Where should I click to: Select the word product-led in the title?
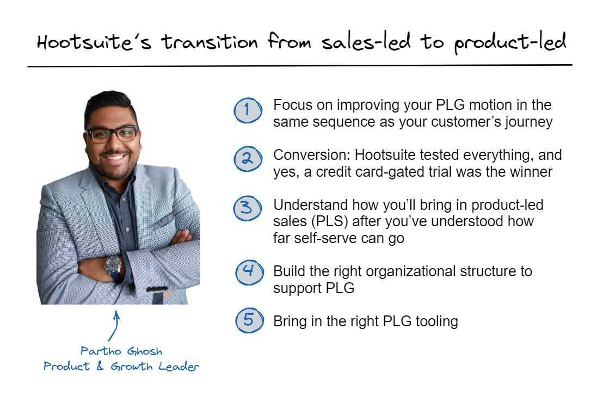(x=509, y=42)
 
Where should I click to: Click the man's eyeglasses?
(x=113, y=134)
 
